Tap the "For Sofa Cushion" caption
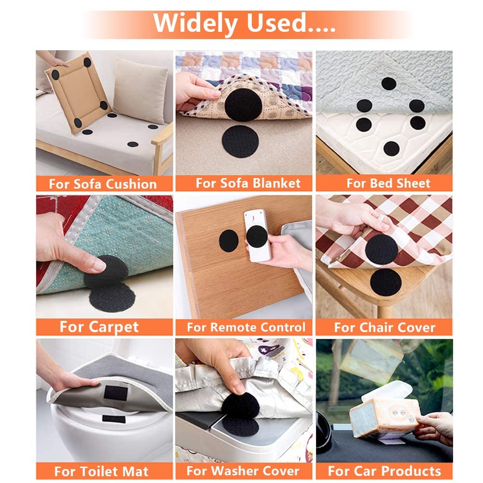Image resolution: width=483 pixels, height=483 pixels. click(103, 184)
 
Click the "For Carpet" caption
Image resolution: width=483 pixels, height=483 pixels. click(99, 327)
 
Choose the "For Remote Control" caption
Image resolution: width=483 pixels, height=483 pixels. click(246, 327)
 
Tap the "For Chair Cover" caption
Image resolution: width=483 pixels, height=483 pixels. click(385, 327)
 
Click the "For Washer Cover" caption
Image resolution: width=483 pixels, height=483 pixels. click(243, 471)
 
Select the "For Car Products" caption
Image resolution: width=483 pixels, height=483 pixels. click(384, 471)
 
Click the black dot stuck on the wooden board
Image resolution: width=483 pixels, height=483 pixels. click(229, 240)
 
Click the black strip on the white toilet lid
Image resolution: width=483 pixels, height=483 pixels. click(114, 419)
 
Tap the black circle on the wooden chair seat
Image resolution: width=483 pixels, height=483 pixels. click(386, 282)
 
